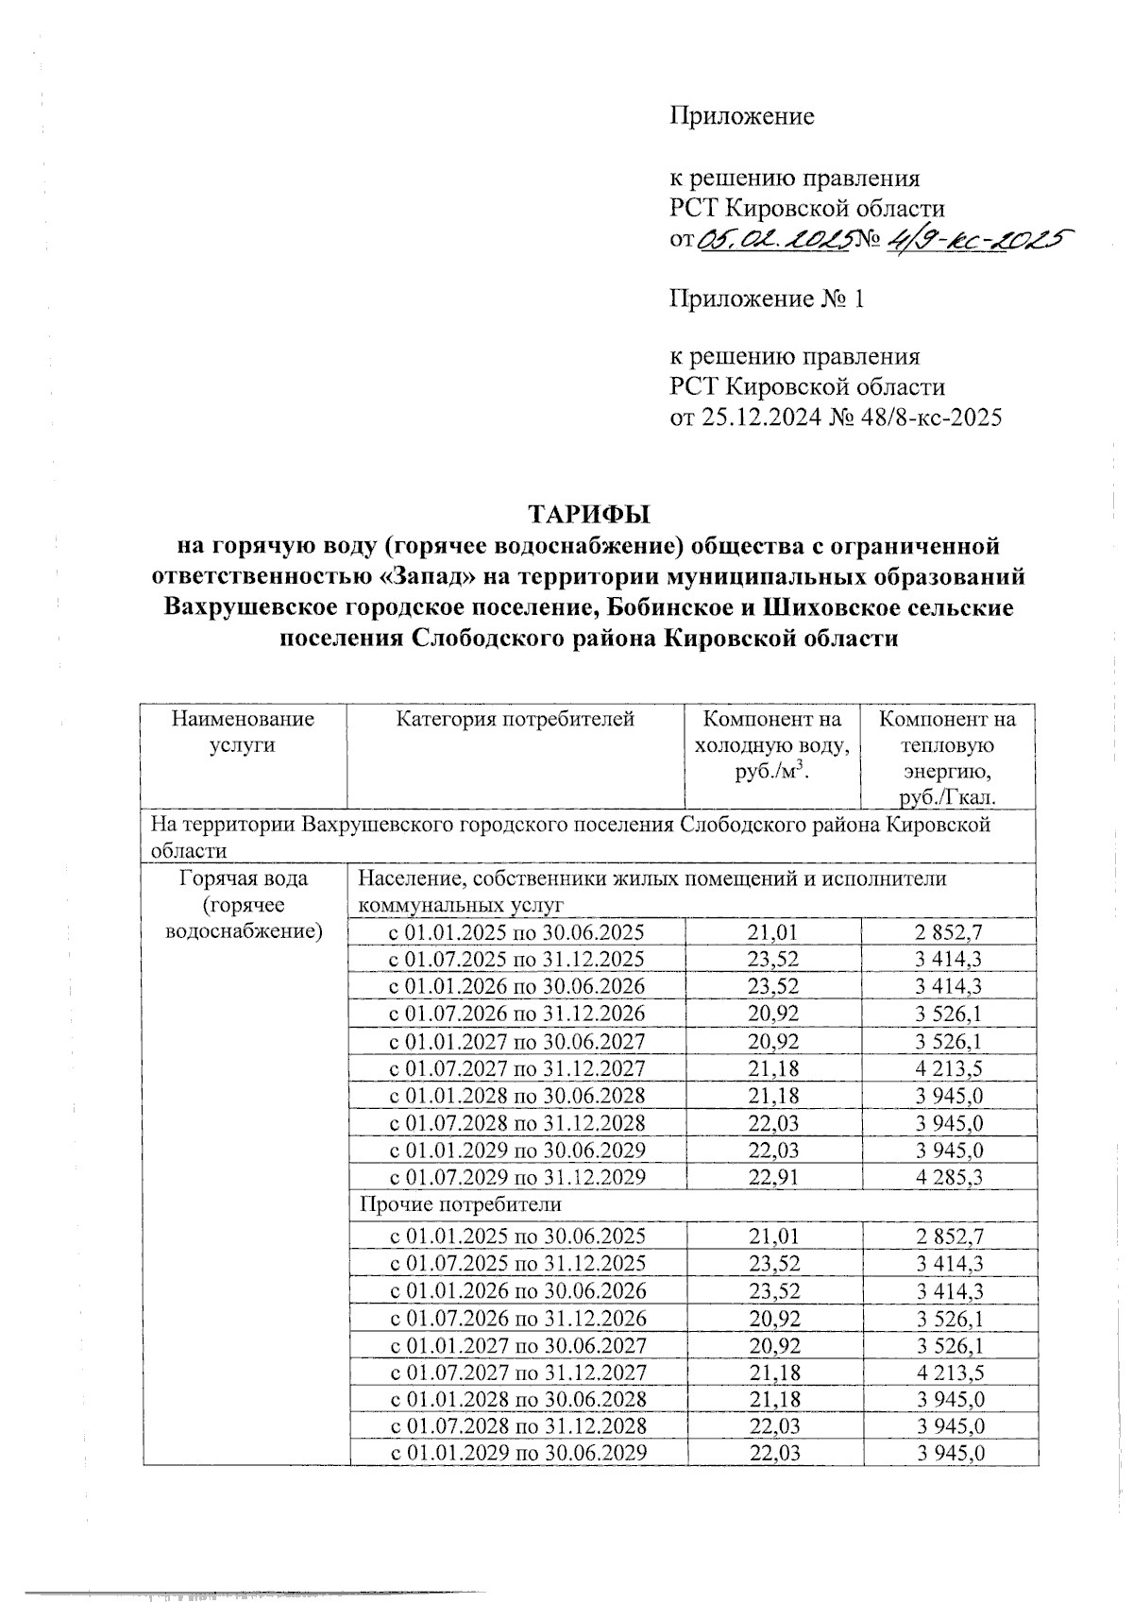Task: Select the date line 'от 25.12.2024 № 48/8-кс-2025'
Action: click(835, 418)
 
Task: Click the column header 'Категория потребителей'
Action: click(515, 719)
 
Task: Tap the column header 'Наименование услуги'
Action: click(243, 731)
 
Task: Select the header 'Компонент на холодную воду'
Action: click(772, 745)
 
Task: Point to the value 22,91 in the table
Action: click(773, 1177)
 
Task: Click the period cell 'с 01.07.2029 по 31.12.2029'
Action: click(517, 1177)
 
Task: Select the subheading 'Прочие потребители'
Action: click(459, 1204)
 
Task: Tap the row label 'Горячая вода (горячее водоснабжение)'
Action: click(243, 905)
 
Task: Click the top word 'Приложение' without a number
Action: click(741, 116)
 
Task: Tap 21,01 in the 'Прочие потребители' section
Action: click(773, 1236)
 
